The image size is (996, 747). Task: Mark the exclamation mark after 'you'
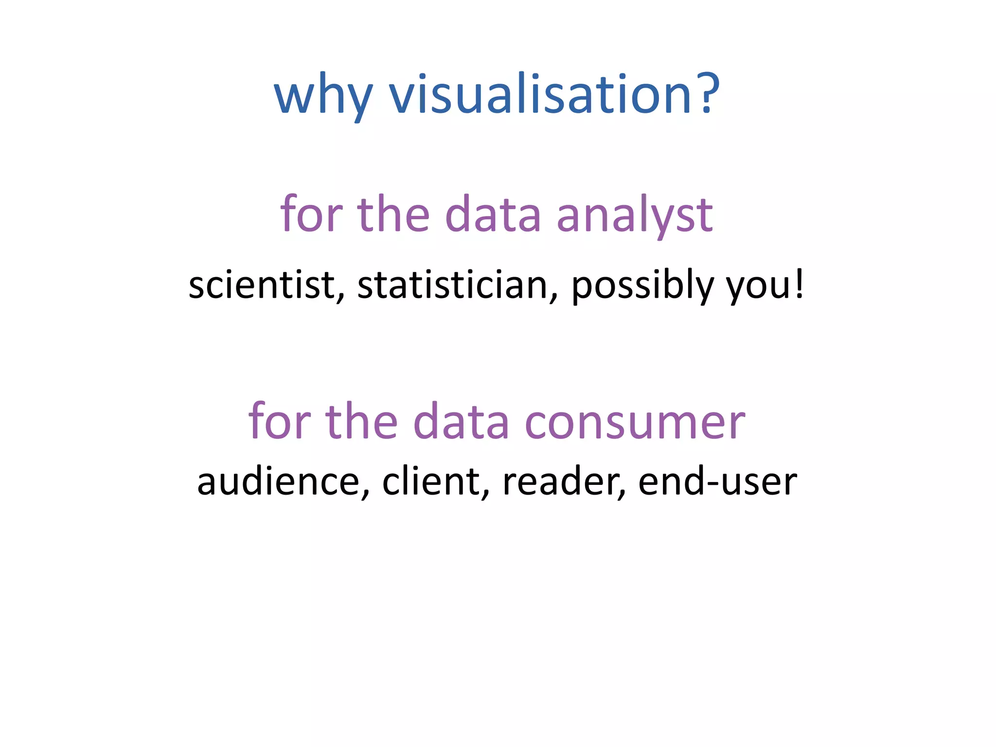tap(799, 284)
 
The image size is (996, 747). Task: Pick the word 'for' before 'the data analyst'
tap(311, 214)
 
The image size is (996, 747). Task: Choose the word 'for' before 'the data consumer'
tap(280, 421)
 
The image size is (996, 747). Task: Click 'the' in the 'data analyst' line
tap(393, 214)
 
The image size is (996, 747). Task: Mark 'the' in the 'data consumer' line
tap(361, 421)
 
